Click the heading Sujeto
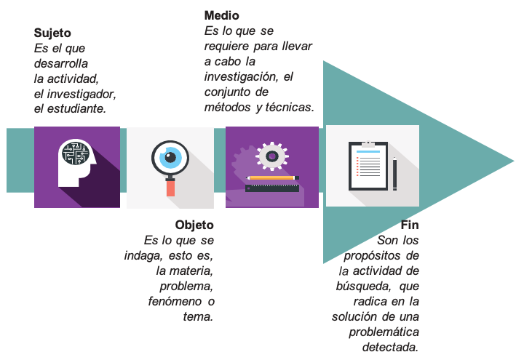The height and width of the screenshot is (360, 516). (52, 33)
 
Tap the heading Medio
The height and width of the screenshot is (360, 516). (221, 15)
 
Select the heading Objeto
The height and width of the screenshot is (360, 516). (194, 225)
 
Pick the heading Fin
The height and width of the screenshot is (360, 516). (410, 225)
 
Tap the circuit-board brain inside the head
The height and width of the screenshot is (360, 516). (76, 153)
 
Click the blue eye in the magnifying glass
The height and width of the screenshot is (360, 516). (170, 158)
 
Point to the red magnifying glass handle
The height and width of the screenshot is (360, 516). (170, 188)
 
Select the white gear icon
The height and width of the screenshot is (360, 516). (272, 156)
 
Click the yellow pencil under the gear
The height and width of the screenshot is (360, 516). (273, 178)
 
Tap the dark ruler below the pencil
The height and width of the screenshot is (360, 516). (272, 188)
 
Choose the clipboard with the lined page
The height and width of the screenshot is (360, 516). (368, 166)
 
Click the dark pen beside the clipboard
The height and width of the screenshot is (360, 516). (395, 174)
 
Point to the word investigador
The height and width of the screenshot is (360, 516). (82, 95)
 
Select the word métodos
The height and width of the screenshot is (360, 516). (227, 107)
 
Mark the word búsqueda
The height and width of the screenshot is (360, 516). (363, 286)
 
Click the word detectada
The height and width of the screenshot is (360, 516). (390, 347)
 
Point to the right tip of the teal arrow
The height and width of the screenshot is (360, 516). (514, 161)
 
